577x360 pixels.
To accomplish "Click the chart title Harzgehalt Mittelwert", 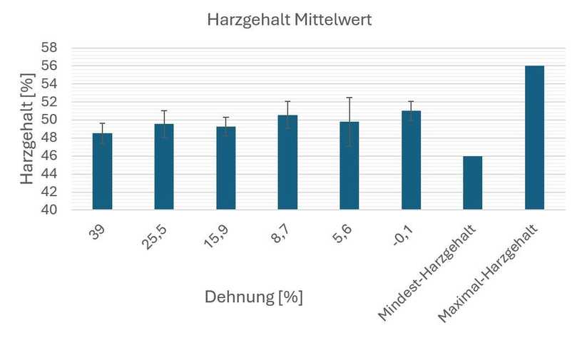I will click(289, 21).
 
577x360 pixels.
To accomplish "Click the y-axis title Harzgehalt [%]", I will click(28, 129).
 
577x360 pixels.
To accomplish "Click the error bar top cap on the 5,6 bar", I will click(349, 98).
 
